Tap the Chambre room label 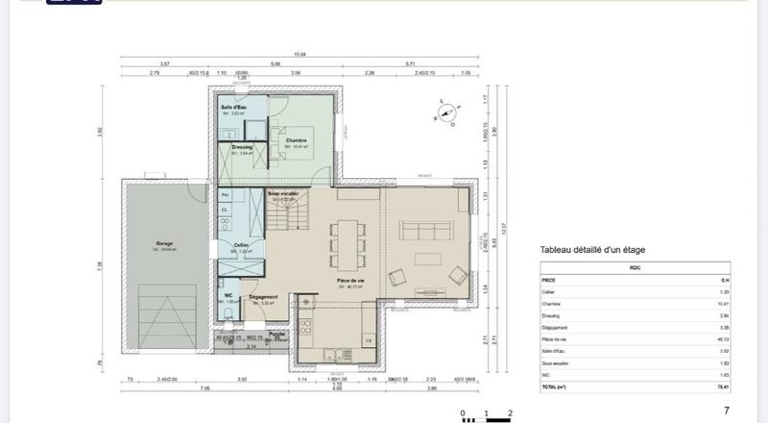coord(296,140)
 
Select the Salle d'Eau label coord(234,107)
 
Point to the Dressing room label coord(242,147)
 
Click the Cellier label coord(241,245)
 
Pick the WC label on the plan coord(228,295)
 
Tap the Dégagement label coord(263,297)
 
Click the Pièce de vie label coord(349,281)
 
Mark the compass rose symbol coord(446,112)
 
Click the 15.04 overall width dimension coord(300,55)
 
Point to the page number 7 coord(726,411)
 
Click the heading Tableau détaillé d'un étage coord(591,250)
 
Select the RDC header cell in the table coord(635,268)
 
